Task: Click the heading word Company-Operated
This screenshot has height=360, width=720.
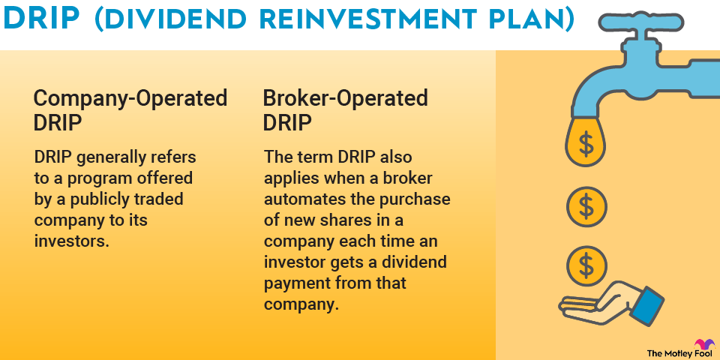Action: tap(130, 98)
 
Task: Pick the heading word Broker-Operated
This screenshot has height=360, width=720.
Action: tap(345, 98)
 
